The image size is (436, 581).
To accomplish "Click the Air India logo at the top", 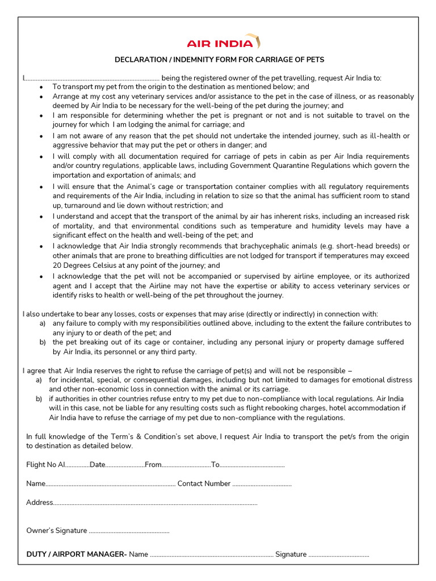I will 224,43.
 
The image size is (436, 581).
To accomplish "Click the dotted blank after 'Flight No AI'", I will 77,465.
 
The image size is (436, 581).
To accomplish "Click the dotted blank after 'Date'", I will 125,465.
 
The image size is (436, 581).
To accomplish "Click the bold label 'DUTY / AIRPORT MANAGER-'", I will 77,554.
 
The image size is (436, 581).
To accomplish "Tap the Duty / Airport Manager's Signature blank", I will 339,555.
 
